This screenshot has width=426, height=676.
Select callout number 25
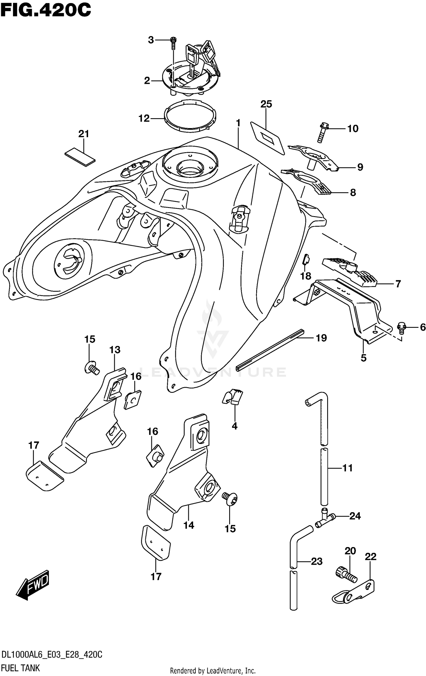(266, 104)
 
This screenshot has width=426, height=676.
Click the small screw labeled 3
(173, 43)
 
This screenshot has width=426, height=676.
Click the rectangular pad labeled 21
(80, 156)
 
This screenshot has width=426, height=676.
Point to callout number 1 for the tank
(238, 123)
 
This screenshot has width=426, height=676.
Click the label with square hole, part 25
(267, 138)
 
